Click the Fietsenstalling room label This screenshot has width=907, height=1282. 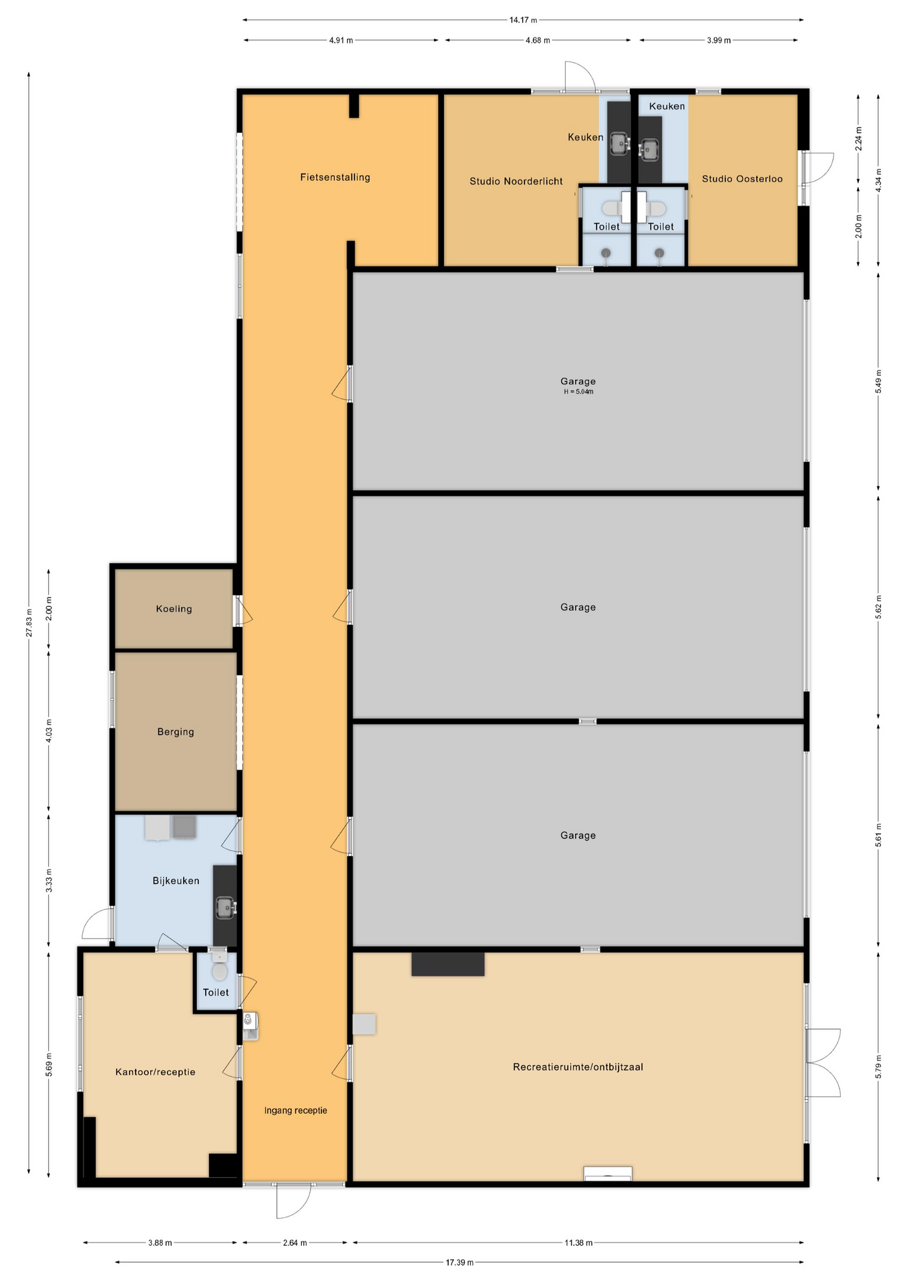click(x=335, y=178)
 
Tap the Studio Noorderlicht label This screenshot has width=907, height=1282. click(x=516, y=182)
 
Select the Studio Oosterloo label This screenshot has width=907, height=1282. click(x=742, y=179)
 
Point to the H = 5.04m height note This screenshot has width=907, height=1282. click(x=578, y=392)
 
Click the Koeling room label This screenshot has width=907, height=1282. click(x=174, y=609)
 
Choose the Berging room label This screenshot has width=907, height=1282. click(x=176, y=732)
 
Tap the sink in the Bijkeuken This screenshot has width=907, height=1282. click(x=225, y=907)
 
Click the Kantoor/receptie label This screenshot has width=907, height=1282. click(x=156, y=1072)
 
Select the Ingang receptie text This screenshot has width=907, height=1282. click(x=296, y=1110)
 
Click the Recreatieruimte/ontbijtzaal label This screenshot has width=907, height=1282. click(x=578, y=1067)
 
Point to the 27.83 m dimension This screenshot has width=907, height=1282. click(x=29, y=622)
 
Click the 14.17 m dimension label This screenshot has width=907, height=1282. click(x=523, y=20)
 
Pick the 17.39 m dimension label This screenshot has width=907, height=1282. click(x=460, y=1263)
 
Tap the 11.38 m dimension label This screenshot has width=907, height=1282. click(x=578, y=1243)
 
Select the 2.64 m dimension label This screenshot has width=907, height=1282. click(x=295, y=1243)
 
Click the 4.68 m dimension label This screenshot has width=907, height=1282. click(x=538, y=40)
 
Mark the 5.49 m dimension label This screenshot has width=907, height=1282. click(x=878, y=381)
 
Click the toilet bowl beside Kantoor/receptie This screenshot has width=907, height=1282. click(x=219, y=971)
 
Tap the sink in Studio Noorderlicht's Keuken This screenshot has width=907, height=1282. click(x=619, y=142)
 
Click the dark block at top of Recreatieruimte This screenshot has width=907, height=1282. click(x=447, y=964)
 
